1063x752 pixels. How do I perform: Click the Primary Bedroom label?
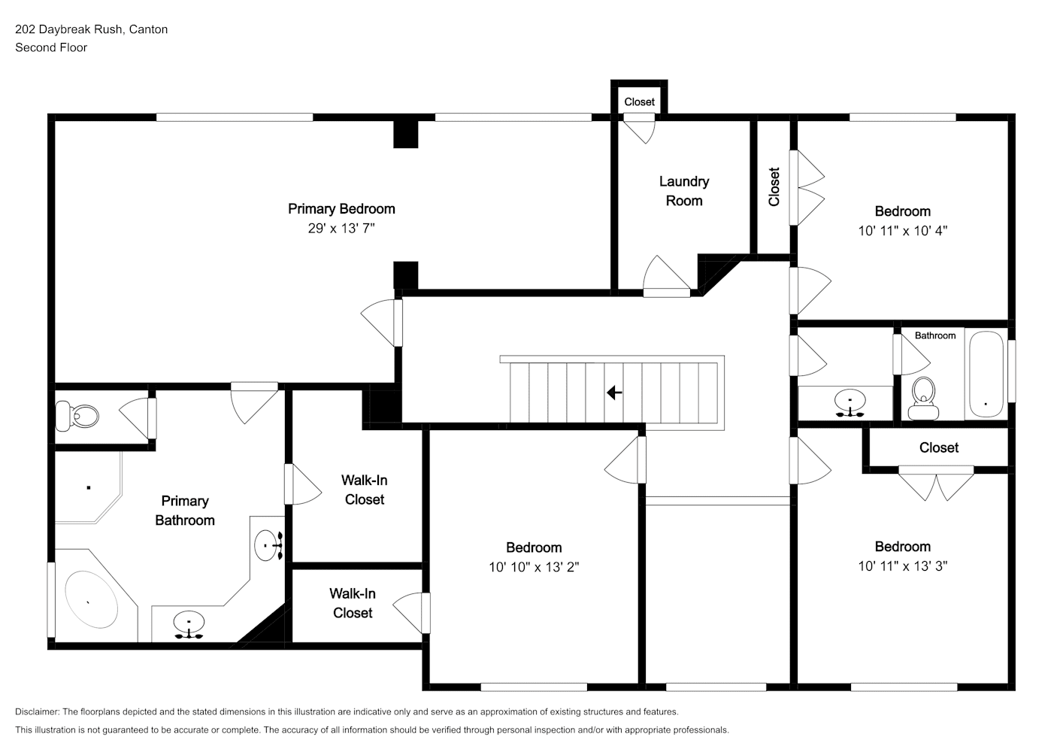341,209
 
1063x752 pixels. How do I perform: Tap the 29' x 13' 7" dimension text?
341,229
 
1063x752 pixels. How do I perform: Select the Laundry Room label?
684,191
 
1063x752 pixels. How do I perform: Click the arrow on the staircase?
614,393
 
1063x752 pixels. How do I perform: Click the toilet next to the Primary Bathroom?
77,416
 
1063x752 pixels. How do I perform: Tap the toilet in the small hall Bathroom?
923,399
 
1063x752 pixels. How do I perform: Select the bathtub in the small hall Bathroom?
986,374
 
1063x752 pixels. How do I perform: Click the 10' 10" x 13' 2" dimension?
534,567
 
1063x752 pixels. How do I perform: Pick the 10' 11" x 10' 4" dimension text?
903,231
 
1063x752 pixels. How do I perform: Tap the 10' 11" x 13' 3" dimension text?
903,566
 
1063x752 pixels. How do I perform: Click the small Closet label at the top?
639,102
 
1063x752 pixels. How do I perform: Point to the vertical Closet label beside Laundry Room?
774,186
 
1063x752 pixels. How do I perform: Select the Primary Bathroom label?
185,511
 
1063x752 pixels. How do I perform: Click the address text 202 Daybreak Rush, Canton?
92,29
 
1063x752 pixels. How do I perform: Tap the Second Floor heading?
51,47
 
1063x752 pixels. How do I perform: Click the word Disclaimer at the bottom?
37,711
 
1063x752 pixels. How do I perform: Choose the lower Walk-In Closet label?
353,603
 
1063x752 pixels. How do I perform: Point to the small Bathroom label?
935,335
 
